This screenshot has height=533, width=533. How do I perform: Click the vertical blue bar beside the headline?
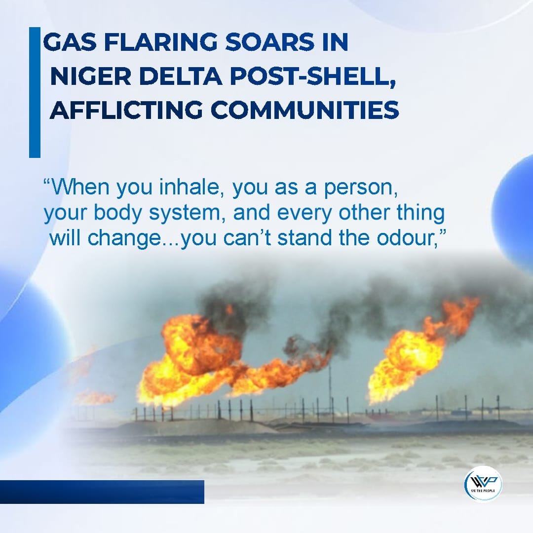pos(35,92)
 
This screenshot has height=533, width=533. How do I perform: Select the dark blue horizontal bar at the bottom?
pos(102,492)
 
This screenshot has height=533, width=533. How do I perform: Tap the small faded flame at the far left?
pos(94,396)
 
